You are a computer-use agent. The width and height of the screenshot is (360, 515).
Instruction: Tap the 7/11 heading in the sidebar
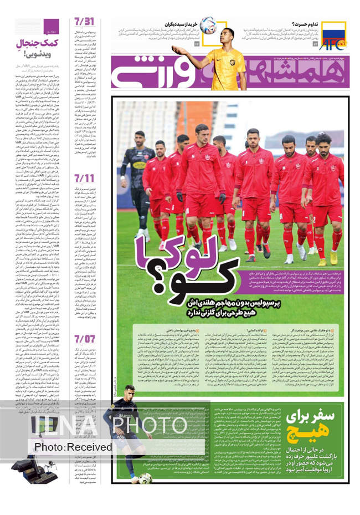pos(84,179)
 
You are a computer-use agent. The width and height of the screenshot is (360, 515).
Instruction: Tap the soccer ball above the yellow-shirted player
pos(207,24)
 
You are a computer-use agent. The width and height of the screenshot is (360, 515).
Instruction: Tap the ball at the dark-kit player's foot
pos(145,478)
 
